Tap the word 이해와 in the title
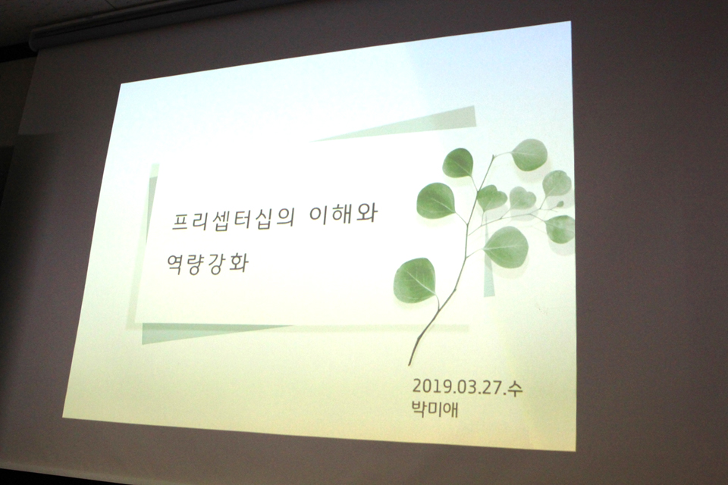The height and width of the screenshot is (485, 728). [x=343, y=214]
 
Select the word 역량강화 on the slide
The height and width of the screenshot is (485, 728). [x=208, y=263]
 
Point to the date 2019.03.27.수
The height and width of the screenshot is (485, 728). [x=468, y=386]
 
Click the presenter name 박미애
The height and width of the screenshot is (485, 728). [x=435, y=409]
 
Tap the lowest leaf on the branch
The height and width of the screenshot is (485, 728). [x=415, y=280]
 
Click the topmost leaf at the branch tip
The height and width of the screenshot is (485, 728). [x=529, y=155]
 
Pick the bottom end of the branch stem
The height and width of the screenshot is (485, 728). [x=409, y=365]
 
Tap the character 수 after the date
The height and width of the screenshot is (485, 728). [x=515, y=389]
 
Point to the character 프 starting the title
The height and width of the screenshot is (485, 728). [x=181, y=221]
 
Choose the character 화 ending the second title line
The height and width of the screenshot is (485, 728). [x=239, y=263]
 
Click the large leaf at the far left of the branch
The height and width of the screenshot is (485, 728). [x=435, y=201]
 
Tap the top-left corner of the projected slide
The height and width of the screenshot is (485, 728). [x=121, y=84]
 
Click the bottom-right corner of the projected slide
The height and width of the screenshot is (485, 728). [x=576, y=450]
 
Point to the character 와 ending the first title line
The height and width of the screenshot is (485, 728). [x=368, y=214]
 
